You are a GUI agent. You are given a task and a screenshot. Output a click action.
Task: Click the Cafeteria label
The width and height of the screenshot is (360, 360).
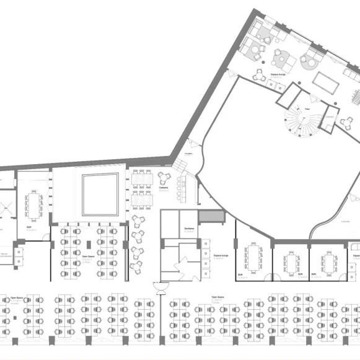163,188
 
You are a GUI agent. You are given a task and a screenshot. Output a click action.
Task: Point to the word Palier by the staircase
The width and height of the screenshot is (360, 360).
307,109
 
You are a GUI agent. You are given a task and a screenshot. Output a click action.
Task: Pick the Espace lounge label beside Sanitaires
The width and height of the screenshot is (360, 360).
221,255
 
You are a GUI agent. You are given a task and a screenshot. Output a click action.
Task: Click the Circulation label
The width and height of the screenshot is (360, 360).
189,152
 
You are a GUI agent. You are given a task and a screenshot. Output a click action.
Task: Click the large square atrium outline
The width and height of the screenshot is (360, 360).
100,194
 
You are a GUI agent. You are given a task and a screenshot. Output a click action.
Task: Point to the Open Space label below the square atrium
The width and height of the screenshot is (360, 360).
88,255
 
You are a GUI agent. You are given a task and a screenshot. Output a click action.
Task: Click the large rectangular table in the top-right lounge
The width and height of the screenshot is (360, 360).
325,81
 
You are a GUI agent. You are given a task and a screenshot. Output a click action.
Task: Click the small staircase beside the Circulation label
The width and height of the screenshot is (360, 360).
180,165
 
